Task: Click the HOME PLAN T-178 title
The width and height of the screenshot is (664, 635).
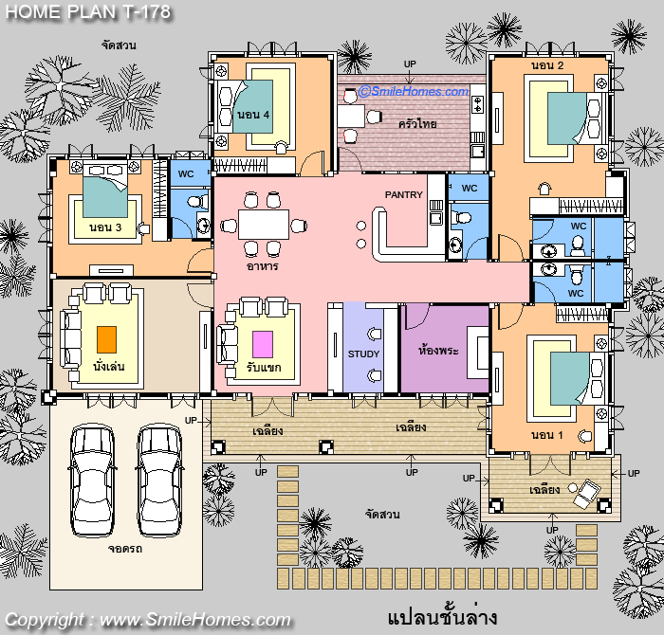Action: (87, 11)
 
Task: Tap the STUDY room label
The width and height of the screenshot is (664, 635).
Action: (363, 354)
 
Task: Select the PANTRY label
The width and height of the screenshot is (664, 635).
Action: (403, 194)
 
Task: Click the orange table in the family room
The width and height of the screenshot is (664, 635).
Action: (106, 339)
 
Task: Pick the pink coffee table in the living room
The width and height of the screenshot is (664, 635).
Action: (263, 344)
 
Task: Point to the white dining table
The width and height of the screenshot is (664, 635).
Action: (264, 225)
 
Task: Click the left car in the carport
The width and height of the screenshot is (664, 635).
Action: (92, 481)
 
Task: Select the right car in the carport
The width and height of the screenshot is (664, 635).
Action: (159, 481)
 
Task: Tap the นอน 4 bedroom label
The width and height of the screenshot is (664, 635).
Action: (253, 115)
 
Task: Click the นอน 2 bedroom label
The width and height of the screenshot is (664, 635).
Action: (547, 65)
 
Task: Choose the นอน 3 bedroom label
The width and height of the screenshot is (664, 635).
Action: (105, 227)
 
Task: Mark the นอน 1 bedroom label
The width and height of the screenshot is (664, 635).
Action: (547, 435)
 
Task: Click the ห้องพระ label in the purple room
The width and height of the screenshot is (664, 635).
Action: (438, 351)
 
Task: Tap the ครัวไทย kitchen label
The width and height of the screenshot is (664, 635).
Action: (417, 123)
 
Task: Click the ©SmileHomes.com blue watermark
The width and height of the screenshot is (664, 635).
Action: (414, 91)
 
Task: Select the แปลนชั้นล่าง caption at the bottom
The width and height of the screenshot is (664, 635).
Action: (442, 618)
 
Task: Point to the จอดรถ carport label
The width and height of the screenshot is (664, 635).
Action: (125, 549)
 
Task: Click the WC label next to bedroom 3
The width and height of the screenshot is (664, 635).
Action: (186, 173)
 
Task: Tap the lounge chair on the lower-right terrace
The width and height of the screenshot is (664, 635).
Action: (586, 493)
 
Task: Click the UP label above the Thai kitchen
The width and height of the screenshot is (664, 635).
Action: (410, 63)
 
